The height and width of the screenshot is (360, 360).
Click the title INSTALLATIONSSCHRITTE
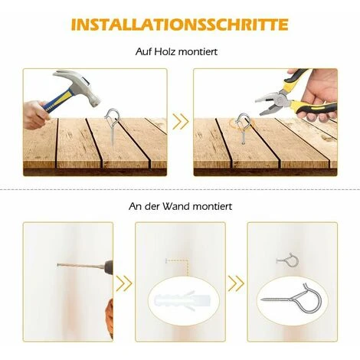click(x=180, y=25)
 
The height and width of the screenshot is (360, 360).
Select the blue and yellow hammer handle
click(x=58, y=100)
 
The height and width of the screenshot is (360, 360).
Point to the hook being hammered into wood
click(x=113, y=124)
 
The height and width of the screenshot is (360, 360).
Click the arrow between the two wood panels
click(x=180, y=122)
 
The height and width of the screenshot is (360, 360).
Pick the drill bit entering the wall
click(x=80, y=266)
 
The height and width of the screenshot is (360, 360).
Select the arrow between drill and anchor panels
click(x=124, y=283)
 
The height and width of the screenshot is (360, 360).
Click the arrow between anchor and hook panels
click(x=236, y=283)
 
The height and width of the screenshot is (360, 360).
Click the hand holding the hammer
click(x=35, y=114)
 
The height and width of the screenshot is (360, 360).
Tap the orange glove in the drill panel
click(x=110, y=318)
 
